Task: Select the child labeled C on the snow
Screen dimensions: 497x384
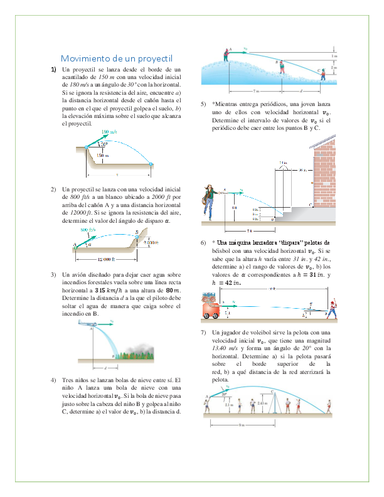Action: (322, 75)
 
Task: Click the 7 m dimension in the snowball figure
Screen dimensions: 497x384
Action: (247, 90)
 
